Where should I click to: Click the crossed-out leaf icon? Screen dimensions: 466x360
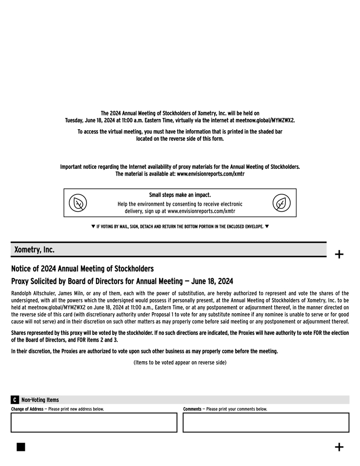(x=78, y=203)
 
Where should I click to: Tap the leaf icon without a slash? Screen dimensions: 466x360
(x=281, y=203)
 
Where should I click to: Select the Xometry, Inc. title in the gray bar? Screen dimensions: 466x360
(x=34, y=250)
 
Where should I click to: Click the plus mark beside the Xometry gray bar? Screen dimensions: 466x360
(x=339, y=254)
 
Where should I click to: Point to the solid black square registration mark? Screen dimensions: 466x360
(x=21, y=447)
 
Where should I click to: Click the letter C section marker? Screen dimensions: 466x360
(x=15, y=400)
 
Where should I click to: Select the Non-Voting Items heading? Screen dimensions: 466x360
(x=40, y=400)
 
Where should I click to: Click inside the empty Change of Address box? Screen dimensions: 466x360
(x=94, y=422)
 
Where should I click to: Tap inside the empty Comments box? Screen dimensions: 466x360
(x=266, y=422)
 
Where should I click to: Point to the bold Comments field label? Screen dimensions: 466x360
(x=192, y=409)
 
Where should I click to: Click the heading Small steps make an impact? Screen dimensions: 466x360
(x=180, y=195)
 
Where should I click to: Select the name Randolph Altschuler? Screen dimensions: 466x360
(x=33, y=293)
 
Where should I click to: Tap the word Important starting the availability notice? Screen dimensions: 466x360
(x=72, y=167)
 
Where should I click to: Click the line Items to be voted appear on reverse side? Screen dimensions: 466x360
(x=180, y=362)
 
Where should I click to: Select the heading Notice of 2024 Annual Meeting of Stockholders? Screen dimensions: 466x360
(x=82, y=268)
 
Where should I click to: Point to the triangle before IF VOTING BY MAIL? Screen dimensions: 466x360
(x=93, y=226)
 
